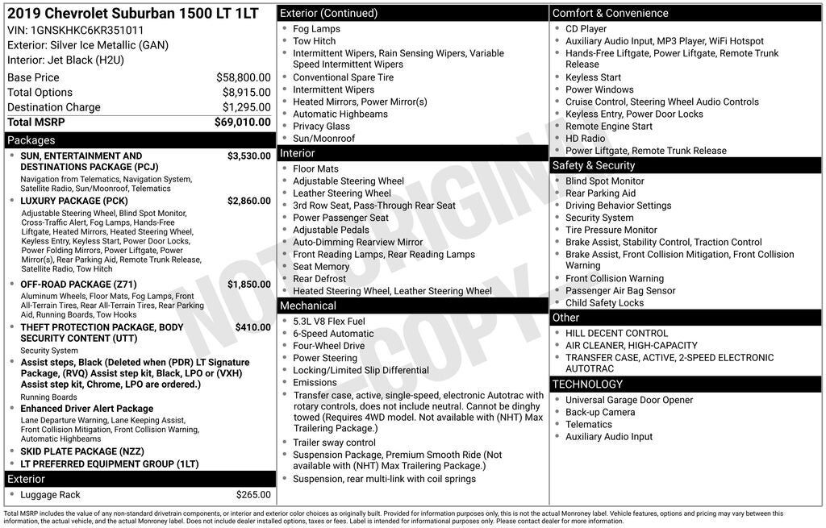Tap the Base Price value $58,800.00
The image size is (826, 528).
pos(243,77)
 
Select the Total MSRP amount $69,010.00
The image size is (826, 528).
pos(242,122)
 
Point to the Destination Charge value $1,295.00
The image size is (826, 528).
pos(246,107)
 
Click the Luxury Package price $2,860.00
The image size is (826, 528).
pos(248,201)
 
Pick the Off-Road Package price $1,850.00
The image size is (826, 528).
pos(248,285)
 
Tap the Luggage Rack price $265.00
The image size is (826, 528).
pos(253,495)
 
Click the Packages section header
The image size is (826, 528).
pos(31,140)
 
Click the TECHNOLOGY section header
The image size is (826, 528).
pos(587,385)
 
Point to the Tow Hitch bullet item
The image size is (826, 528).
pos(314,41)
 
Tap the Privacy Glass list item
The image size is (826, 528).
pos(321,127)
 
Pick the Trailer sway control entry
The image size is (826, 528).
pos(334,443)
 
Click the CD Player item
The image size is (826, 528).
pos(586,29)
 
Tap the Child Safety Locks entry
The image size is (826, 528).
pos(604,303)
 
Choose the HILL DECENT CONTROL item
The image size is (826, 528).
pos(616,333)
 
